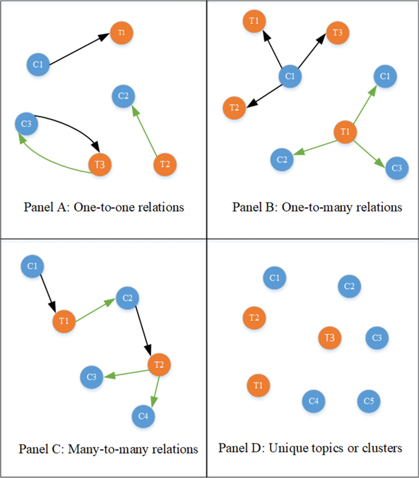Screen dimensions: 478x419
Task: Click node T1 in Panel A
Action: point(121,33)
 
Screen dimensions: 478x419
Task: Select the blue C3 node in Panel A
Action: point(27,124)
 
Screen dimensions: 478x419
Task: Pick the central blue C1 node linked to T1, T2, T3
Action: point(290,76)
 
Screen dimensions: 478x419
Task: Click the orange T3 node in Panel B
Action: point(337,33)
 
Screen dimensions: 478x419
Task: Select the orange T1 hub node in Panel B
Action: point(345,132)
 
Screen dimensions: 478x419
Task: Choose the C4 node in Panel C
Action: point(143,416)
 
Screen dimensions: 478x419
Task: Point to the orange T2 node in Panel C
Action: point(159,365)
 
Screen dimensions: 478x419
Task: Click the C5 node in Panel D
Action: point(369,401)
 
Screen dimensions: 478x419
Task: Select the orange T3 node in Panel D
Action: point(330,338)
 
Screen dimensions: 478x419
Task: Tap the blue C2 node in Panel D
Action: point(349,286)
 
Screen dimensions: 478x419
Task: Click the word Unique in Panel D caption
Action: point(286,448)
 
